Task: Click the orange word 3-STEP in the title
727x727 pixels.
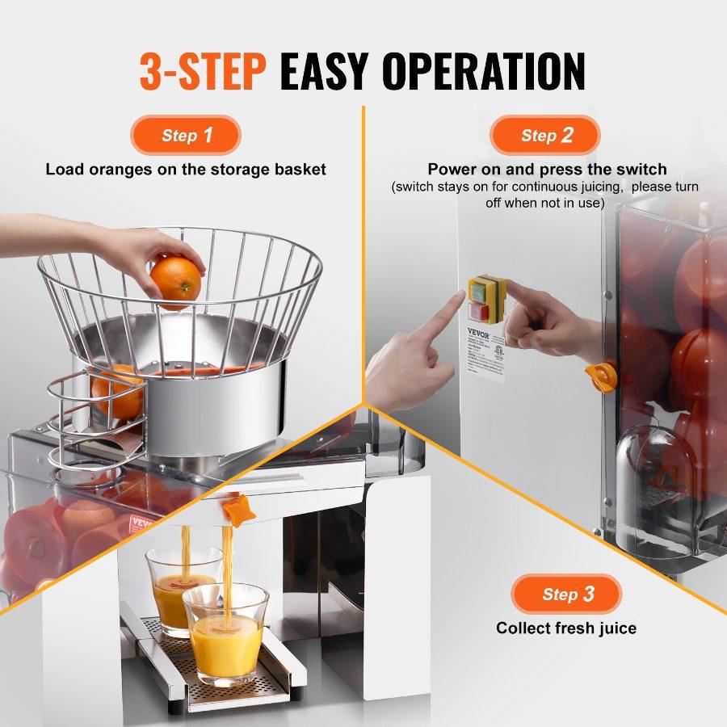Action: point(203,72)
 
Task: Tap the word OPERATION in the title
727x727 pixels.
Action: point(483,72)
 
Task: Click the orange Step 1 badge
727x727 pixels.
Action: point(187,135)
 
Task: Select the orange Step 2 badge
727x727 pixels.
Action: point(546,135)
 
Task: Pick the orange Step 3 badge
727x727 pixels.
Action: point(566,595)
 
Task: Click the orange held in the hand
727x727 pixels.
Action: point(175,278)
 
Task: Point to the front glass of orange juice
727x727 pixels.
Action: point(225,634)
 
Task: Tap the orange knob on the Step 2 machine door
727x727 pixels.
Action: point(599,376)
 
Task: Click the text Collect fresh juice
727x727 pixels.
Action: point(566,628)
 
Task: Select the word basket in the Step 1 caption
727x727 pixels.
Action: point(300,169)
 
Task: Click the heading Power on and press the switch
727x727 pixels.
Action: point(547,169)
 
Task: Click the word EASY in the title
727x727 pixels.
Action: point(324,72)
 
